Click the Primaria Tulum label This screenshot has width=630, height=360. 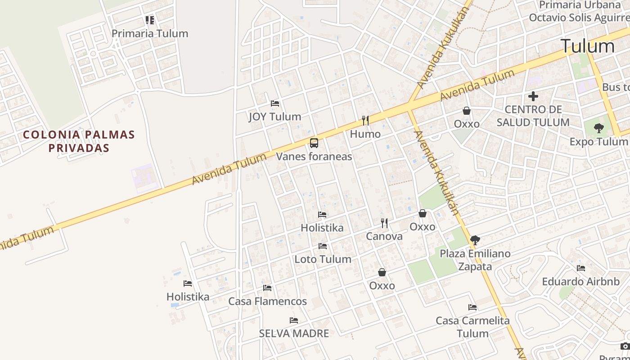150,34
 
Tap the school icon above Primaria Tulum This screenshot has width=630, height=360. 150,20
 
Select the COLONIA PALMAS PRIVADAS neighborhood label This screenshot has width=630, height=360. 79,141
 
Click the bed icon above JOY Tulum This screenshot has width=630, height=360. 275,103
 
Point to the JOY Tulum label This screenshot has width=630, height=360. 275,117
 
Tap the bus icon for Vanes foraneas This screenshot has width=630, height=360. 314,143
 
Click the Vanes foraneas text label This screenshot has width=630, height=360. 314,157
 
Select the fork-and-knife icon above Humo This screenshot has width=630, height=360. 365,121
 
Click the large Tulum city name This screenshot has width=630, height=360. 587,46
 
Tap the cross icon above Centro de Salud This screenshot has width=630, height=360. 533,96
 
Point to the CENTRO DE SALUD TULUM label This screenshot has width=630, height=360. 533,116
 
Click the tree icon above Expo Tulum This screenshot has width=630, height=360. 598,129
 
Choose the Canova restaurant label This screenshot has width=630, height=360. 384,236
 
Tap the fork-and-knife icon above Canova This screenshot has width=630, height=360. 384,223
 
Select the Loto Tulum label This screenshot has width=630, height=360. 323,259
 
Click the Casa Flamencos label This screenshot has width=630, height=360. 268,301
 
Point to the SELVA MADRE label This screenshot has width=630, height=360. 294,333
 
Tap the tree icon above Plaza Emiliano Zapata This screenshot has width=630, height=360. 475,240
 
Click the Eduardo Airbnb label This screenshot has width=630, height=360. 580,282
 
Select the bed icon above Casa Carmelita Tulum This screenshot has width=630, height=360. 472,307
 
